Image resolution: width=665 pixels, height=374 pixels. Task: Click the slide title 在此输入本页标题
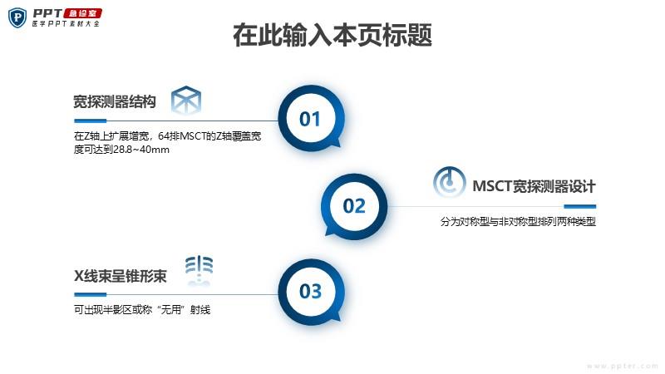332,35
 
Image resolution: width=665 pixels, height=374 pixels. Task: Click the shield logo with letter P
17,17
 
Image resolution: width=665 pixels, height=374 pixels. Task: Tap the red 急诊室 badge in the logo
82,13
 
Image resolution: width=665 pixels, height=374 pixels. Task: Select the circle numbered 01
311,118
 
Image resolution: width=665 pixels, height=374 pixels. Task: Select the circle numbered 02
354,206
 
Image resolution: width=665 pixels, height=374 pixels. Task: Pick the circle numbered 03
311,292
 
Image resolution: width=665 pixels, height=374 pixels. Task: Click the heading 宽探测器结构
115,101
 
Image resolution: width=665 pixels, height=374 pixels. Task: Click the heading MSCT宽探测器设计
534,186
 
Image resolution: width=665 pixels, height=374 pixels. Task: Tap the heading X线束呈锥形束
121,276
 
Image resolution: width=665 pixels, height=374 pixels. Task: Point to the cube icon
185,100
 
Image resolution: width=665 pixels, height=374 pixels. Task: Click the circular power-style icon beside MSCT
449,182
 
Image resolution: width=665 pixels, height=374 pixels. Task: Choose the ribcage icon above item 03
199,270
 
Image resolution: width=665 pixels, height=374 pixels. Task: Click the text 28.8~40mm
141,150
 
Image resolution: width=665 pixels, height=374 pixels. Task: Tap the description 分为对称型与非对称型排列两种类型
518,221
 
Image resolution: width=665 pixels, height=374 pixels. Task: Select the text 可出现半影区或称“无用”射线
142,310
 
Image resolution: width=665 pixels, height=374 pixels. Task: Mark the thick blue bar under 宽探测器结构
90,121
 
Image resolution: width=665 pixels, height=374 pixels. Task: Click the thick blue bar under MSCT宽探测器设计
579,206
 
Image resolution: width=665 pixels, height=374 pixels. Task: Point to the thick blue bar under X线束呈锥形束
90,294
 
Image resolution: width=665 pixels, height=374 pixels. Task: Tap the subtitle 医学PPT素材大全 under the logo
66,24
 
